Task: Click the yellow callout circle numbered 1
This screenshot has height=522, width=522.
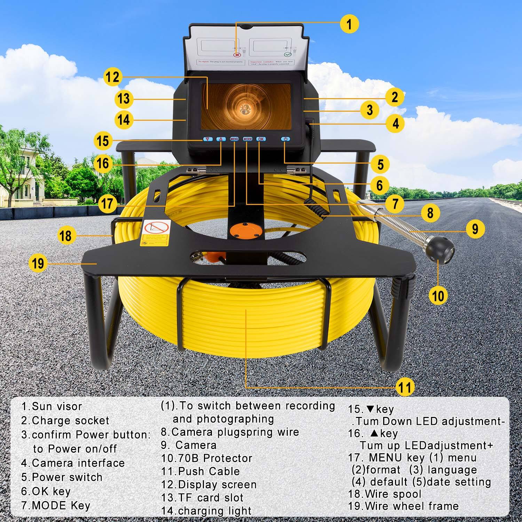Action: (x=349, y=24)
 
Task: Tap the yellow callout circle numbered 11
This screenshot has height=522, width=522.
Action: (x=405, y=387)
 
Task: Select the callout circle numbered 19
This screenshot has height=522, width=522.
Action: (x=38, y=263)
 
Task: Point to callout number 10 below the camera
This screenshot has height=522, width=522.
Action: (x=438, y=295)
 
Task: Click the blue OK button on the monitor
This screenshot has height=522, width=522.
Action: (x=261, y=139)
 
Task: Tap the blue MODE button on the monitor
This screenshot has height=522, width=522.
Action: (x=247, y=139)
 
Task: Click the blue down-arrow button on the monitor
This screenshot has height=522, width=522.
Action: (x=208, y=139)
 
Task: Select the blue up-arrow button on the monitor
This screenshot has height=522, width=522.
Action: (x=221, y=139)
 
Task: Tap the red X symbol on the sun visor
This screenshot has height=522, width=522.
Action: (x=237, y=55)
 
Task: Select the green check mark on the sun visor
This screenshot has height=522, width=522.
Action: (x=287, y=55)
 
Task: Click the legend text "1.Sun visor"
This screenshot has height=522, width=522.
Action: (x=52, y=406)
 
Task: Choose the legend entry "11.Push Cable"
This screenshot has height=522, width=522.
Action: (x=200, y=471)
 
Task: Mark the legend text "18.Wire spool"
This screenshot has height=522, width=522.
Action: (x=385, y=494)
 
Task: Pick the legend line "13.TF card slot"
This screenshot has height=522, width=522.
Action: (x=202, y=498)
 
